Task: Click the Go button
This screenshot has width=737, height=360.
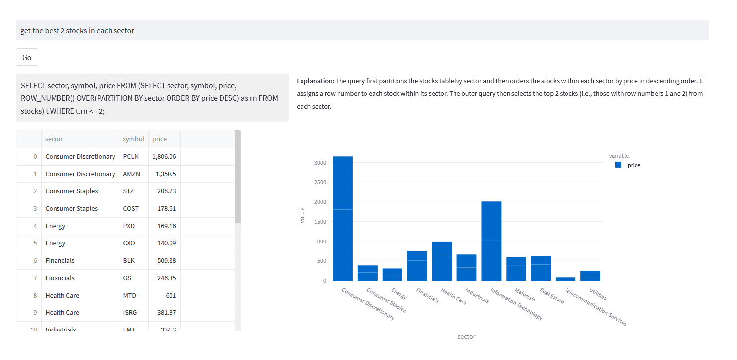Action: pos(27,57)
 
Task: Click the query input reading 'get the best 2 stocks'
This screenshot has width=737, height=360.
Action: pos(362,30)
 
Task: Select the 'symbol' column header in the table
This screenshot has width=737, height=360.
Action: pos(133,139)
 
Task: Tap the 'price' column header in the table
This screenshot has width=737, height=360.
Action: pos(160,139)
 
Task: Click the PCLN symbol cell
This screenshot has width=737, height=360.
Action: pos(131,157)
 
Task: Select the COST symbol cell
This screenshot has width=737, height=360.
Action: pos(131,209)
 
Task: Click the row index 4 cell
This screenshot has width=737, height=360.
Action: pos(35,226)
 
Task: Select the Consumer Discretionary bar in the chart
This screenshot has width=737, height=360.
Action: pos(343,218)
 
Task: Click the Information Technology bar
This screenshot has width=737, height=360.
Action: pos(491,241)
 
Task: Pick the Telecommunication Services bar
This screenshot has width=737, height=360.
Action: pos(566,279)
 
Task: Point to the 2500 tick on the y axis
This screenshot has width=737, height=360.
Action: pos(320,182)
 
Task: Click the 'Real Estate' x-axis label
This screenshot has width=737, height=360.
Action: pos(552,296)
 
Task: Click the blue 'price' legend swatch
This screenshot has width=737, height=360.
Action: pos(618,165)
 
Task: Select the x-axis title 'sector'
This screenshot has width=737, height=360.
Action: pos(466,336)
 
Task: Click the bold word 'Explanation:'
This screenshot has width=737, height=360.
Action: pos(316,81)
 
